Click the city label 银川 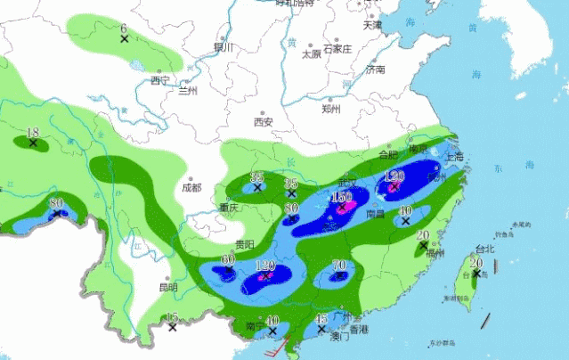click(x=223, y=46)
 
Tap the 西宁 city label click(x=159, y=80)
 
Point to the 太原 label click(x=311, y=53)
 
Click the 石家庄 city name click(x=338, y=48)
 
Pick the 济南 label click(x=375, y=69)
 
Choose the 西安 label click(x=263, y=121)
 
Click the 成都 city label click(x=191, y=187)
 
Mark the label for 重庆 click(x=228, y=208)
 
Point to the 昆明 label click(x=168, y=287)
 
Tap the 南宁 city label click(x=255, y=327)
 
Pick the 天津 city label click(x=372, y=25)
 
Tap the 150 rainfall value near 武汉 click(x=342, y=198)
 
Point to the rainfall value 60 click(x=228, y=259)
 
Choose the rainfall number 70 click(x=339, y=265)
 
